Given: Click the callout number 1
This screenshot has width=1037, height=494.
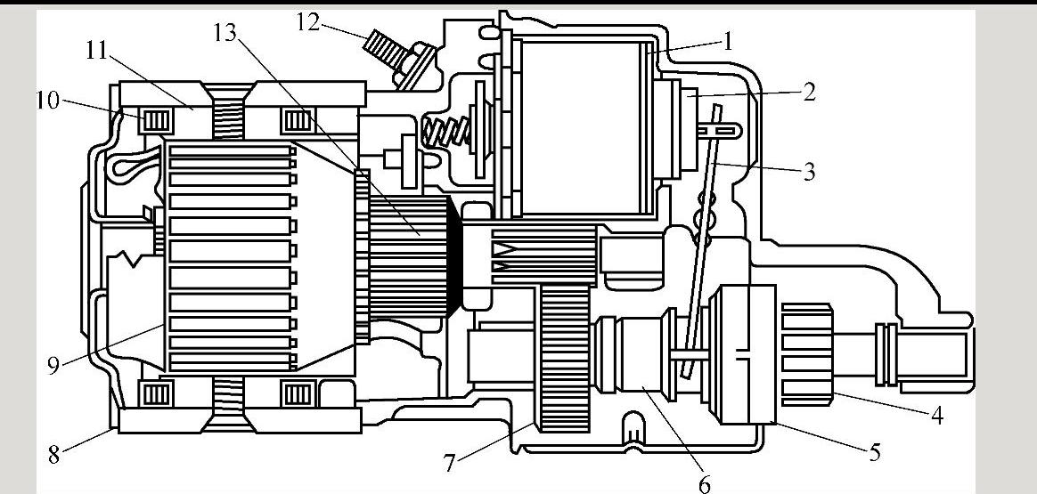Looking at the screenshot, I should [728, 41].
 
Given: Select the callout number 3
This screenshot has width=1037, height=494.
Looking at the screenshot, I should [809, 172].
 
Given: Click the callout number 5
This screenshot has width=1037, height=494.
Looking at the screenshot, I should [875, 453].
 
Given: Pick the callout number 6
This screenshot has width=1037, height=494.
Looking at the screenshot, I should [704, 483].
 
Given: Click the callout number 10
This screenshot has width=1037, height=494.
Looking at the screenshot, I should [47, 101].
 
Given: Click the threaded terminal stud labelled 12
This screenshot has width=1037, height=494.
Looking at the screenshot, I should [385, 52].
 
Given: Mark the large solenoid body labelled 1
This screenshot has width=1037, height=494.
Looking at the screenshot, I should [579, 129].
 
